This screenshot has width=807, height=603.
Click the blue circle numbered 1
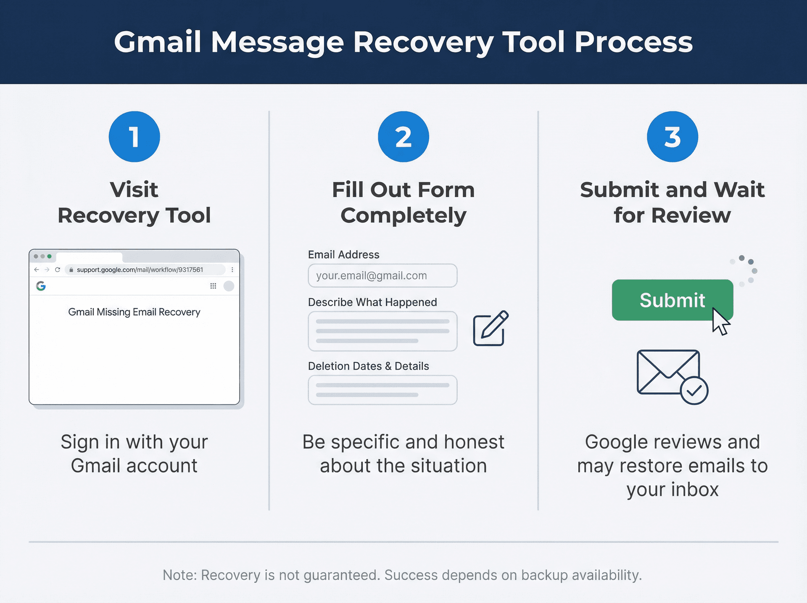[134, 137]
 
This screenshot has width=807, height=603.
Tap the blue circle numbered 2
[403, 137]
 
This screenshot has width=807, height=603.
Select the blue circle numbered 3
[672, 137]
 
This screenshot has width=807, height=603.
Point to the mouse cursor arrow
[720, 322]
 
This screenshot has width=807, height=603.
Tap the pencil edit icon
[491, 328]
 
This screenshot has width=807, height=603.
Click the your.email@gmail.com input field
[382, 275]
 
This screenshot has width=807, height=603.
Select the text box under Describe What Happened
[382, 331]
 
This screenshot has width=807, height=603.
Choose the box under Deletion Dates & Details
[382, 390]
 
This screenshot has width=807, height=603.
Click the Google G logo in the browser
[41, 286]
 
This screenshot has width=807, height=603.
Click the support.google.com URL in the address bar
[140, 270]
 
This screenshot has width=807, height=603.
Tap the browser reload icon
[58, 270]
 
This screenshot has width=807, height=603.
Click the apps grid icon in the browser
[213, 286]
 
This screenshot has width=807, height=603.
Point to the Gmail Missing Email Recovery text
[134, 312]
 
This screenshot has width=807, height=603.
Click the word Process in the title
[633, 42]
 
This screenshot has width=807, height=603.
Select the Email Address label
[343, 254]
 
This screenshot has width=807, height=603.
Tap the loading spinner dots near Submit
[745, 270]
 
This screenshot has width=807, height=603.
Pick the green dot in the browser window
[50, 256]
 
